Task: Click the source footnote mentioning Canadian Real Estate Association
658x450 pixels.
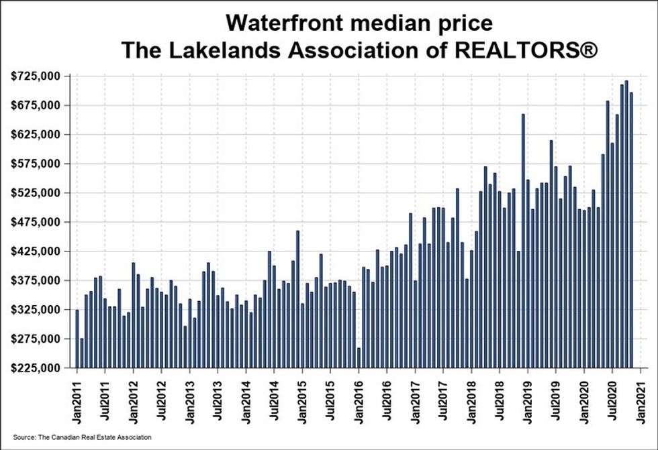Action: (x=82, y=437)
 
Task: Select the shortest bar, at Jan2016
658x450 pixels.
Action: (x=359, y=357)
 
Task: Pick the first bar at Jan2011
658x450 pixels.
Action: (x=77, y=339)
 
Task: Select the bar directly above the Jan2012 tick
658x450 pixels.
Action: (x=134, y=315)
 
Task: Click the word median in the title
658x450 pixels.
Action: (x=381, y=23)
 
